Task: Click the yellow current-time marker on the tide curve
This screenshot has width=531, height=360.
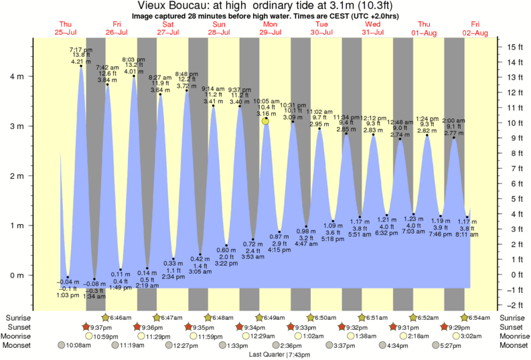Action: [x=266, y=121]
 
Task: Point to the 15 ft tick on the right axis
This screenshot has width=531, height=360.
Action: [x=514, y=47]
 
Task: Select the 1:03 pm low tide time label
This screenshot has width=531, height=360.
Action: [x=67, y=295]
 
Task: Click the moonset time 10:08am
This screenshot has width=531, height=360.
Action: [x=79, y=345]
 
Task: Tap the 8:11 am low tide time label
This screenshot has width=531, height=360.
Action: [x=467, y=235]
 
